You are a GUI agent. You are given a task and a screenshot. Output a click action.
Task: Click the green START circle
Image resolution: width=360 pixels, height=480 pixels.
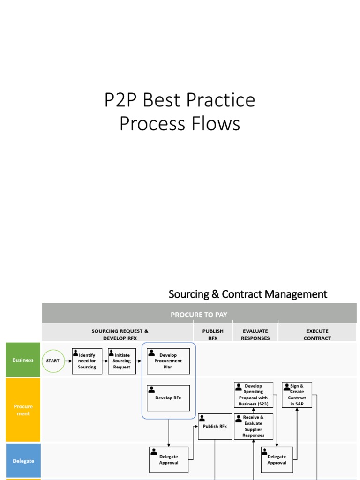point(53,361)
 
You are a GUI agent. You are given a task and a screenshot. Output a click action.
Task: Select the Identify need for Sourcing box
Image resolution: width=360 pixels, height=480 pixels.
point(87,361)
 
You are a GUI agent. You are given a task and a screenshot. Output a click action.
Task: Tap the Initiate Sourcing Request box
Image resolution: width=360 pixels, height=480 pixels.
point(122,361)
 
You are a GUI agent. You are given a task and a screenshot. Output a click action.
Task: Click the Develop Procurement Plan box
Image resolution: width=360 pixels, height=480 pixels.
point(168,361)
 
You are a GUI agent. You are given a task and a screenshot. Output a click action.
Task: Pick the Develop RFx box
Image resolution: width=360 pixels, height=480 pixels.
point(168,398)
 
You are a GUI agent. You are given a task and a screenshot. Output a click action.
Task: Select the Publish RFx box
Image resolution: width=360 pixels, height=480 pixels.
point(215,426)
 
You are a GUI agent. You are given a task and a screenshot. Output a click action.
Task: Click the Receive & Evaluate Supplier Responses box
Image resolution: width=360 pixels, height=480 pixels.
point(253,426)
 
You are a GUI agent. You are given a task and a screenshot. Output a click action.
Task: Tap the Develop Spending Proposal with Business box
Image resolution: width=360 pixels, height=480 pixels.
point(253,395)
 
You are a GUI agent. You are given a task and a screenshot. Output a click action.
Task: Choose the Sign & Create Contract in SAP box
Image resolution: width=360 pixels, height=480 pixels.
point(297,395)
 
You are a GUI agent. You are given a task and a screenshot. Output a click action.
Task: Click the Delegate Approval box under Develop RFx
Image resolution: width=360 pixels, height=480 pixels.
point(168,459)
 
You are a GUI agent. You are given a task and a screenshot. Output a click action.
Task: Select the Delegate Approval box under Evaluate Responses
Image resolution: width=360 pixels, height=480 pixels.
point(277,459)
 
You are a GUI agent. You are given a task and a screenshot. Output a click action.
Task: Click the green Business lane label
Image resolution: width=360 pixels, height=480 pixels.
point(23,360)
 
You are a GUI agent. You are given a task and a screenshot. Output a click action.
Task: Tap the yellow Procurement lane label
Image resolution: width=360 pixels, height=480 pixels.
point(23,410)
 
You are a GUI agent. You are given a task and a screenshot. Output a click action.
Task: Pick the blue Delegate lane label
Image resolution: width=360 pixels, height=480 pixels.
point(23,461)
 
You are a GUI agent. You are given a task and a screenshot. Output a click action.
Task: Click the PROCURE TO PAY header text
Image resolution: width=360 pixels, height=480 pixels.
point(199,315)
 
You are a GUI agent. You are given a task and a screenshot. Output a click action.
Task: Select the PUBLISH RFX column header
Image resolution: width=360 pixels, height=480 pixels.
point(213,334)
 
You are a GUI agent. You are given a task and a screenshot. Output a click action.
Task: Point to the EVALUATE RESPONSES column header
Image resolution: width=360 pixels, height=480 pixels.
point(255,334)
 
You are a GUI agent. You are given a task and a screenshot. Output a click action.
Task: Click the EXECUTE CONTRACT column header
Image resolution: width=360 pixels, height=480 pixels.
point(317,334)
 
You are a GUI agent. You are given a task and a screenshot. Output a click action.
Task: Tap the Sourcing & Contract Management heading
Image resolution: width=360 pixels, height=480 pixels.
point(247,294)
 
